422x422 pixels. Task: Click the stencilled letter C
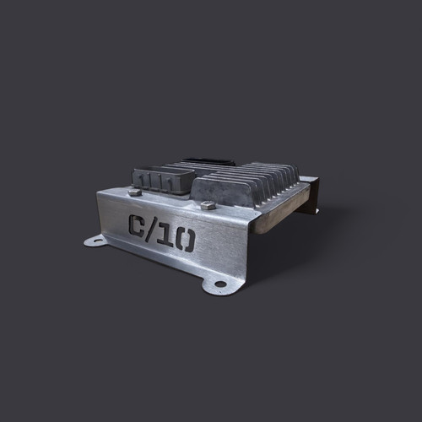[x=137, y=226]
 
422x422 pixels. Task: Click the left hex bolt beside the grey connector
[x=135, y=192]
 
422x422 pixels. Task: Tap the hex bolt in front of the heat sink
[x=208, y=205]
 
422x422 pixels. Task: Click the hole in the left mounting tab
[x=95, y=241]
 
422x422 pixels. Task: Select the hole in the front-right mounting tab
[x=220, y=284]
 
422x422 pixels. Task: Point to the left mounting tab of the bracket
[x=98, y=241]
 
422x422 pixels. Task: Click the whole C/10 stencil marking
[x=160, y=234]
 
